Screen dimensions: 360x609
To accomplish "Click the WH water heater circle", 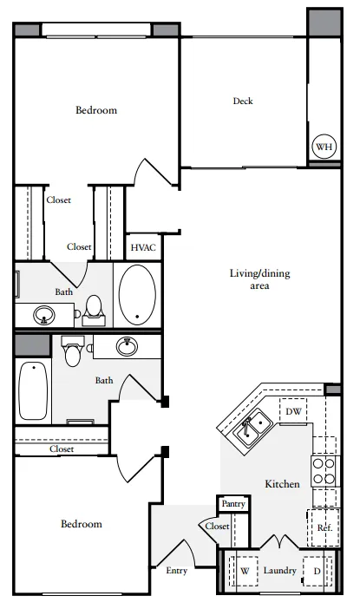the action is [324, 147].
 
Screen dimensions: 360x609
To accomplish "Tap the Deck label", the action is [243, 101].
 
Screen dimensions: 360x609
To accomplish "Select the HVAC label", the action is [143, 247].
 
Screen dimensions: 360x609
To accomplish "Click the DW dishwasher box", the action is [293, 411].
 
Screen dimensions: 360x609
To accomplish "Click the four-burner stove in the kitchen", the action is [325, 471].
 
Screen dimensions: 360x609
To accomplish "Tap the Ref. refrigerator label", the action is [324, 527].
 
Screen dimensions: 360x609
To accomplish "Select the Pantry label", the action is [233, 504].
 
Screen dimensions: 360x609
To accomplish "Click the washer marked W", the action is [245, 571].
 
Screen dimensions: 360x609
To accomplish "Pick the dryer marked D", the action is [317, 571].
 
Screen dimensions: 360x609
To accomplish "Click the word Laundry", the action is [279, 570].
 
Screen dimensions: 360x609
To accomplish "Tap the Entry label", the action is [177, 571].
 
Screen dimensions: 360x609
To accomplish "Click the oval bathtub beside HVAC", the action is [137, 294].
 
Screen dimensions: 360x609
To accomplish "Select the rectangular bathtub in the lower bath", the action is [33, 390].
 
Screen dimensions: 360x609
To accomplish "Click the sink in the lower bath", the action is [127, 346].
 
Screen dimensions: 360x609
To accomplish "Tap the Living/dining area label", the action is [259, 279].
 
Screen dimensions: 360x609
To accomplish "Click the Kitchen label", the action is [282, 484].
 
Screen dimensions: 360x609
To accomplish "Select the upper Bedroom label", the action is [96, 110].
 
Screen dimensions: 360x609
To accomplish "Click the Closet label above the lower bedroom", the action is [62, 449].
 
